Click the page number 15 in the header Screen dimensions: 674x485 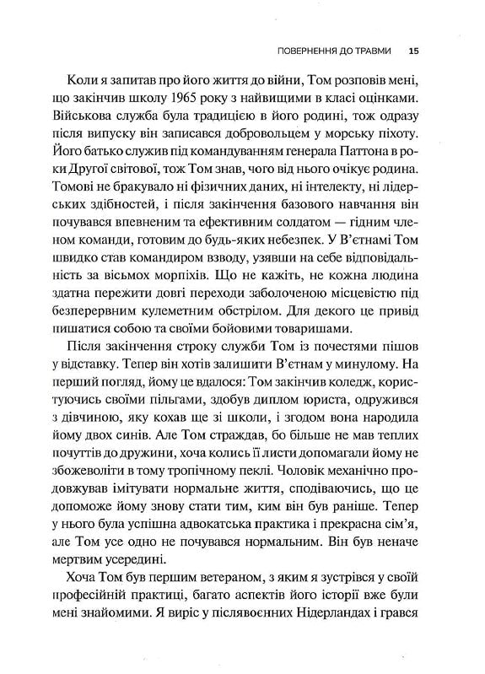click(412, 51)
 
